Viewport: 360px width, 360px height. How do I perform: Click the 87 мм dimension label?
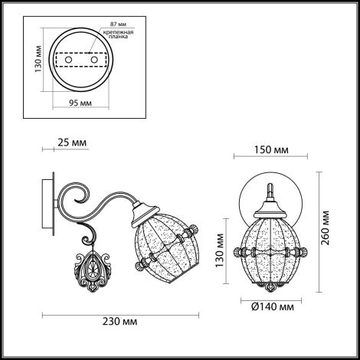(x=118, y=25)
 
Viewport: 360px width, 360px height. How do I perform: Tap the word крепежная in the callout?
(x=118, y=32)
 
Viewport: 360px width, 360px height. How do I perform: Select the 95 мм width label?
(x=80, y=103)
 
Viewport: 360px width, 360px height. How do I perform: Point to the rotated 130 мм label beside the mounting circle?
(x=38, y=59)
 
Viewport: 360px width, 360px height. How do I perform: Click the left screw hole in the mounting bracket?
(x=68, y=60)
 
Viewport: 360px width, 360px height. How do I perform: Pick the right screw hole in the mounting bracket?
(x=94, y=60)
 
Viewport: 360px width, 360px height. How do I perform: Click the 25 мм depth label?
(x=72, y=142)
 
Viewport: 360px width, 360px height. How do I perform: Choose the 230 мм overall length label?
(x=119, y=321)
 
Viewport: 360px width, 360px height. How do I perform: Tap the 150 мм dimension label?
(x=271, y=150)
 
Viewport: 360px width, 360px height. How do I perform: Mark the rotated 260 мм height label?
(x=326, y=227)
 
